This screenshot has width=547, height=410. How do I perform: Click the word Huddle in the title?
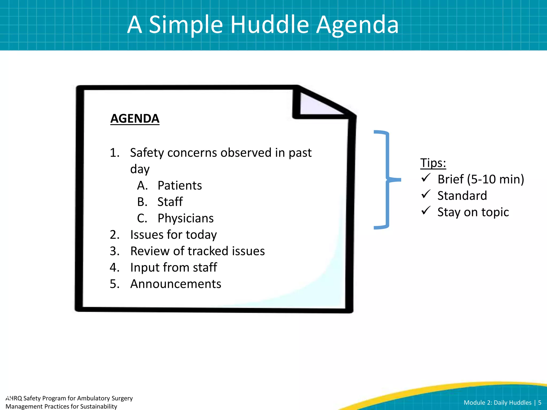click(x=269, y=25)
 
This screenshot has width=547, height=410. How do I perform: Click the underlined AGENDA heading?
click(x=135, y=119)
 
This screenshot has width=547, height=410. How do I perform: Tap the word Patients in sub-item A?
click(x=179, y=186)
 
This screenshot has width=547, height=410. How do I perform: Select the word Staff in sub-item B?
click(x=170, y=202)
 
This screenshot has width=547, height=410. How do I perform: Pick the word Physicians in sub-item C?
click(x=185, y=218)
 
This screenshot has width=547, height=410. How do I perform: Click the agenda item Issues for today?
click(x=173, y=235)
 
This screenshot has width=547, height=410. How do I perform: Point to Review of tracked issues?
click(x=197, y=251)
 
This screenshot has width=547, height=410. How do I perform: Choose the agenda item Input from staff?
click(x=174, y=267)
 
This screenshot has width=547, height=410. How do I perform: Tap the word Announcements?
click(x=175, y=284)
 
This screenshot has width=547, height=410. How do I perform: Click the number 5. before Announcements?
click(x=114, y=284)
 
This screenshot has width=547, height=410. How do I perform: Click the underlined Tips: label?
click(x=433, y=163)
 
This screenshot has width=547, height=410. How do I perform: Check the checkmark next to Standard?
click(x=426, y=194)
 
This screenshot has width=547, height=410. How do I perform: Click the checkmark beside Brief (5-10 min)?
click(x=426, y=178)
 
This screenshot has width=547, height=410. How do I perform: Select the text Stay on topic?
click(x=473, y=212)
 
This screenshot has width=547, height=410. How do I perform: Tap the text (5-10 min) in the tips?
click(x=495, y=179)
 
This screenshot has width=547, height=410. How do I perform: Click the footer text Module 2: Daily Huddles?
click(x=497, y=403)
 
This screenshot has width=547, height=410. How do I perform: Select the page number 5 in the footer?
click(x=540, y=403)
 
